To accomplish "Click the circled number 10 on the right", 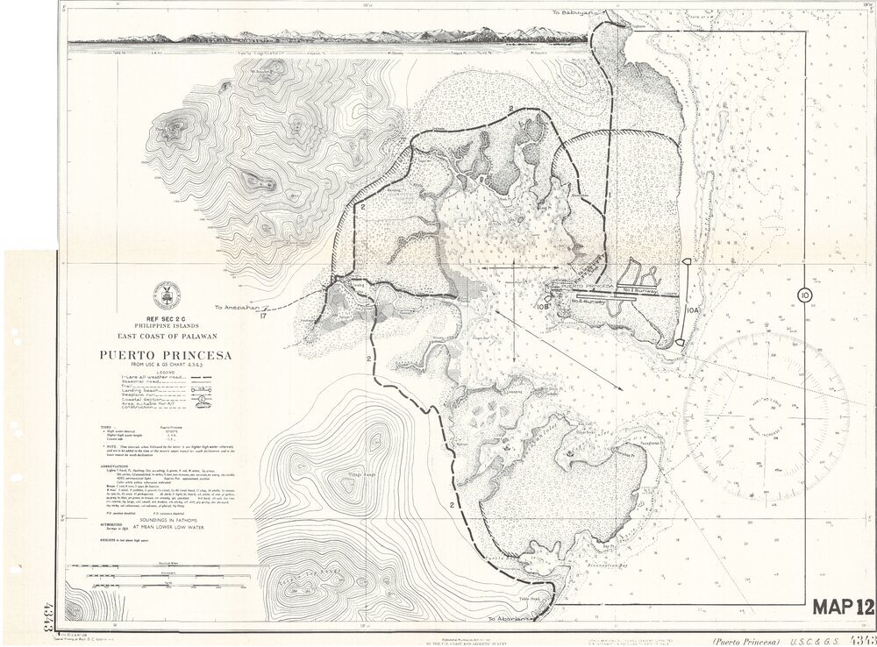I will (x=804, y=295).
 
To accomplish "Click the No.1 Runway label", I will (x=639, y=288).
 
